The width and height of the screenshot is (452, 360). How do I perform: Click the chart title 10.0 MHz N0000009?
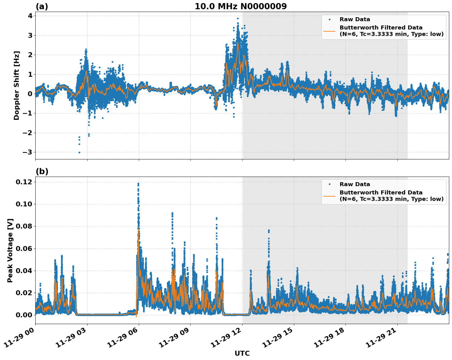(241, 6)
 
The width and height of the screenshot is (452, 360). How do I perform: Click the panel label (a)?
(42, 6)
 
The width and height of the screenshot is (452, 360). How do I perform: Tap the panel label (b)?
(42, 171)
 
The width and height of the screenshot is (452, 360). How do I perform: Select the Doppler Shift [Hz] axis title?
(17, 85)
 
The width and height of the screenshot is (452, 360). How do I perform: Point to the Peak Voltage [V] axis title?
(10, 250)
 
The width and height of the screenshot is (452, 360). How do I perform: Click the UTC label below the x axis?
(242, 353)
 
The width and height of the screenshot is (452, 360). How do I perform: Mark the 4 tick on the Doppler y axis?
(30, 16)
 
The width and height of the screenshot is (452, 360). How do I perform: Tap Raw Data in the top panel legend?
(355, 19)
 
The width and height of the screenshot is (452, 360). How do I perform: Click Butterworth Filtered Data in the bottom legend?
(381, 193)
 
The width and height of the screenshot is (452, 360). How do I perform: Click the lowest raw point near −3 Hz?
(79, 152)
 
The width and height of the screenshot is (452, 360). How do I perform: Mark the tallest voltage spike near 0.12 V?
(138, 184)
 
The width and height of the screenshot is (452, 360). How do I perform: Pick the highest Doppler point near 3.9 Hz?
(238, 18)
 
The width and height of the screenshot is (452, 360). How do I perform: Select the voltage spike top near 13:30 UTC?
(269, 230)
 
